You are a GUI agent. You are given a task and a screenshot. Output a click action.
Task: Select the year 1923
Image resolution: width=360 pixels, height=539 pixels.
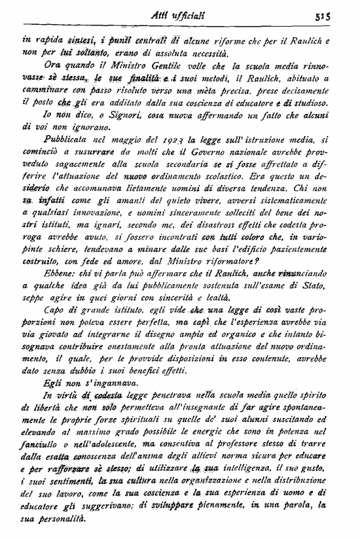(x=161, y=139)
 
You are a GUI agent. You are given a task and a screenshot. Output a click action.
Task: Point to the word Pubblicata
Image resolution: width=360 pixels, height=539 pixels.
(x=67, y=139)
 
